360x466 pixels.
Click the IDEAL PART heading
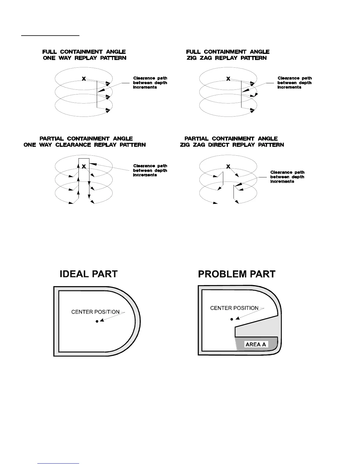tap(89, 274)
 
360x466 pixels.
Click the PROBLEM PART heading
tap(236, 274)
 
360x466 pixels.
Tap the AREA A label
tap(256, 344)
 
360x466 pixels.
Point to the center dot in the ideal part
tap(97, 322)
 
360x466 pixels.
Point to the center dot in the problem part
tap(232, 319)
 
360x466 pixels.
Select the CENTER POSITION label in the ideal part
tap(95, 312)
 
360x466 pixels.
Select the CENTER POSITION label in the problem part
tap(234, 308)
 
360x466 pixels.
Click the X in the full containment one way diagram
tap(84, 79)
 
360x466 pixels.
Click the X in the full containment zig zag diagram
tap(228, 79)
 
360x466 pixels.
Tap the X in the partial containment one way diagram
tap(84, 167)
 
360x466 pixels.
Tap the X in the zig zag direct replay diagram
tap(228, 167)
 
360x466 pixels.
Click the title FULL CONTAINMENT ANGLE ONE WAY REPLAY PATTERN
tap(84, 55)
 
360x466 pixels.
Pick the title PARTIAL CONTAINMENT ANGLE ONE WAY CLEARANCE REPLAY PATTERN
tap(85, 142)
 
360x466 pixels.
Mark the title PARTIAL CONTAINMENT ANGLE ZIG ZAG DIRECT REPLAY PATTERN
tap(232, 142)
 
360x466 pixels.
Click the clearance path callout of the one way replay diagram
tap(150, 83)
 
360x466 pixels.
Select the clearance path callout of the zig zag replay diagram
tap(294, 83)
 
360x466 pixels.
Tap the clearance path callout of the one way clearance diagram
tap(150, 170)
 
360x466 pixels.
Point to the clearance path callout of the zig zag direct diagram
tap(287, 177)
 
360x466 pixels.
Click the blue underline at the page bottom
tap(59, 463)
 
